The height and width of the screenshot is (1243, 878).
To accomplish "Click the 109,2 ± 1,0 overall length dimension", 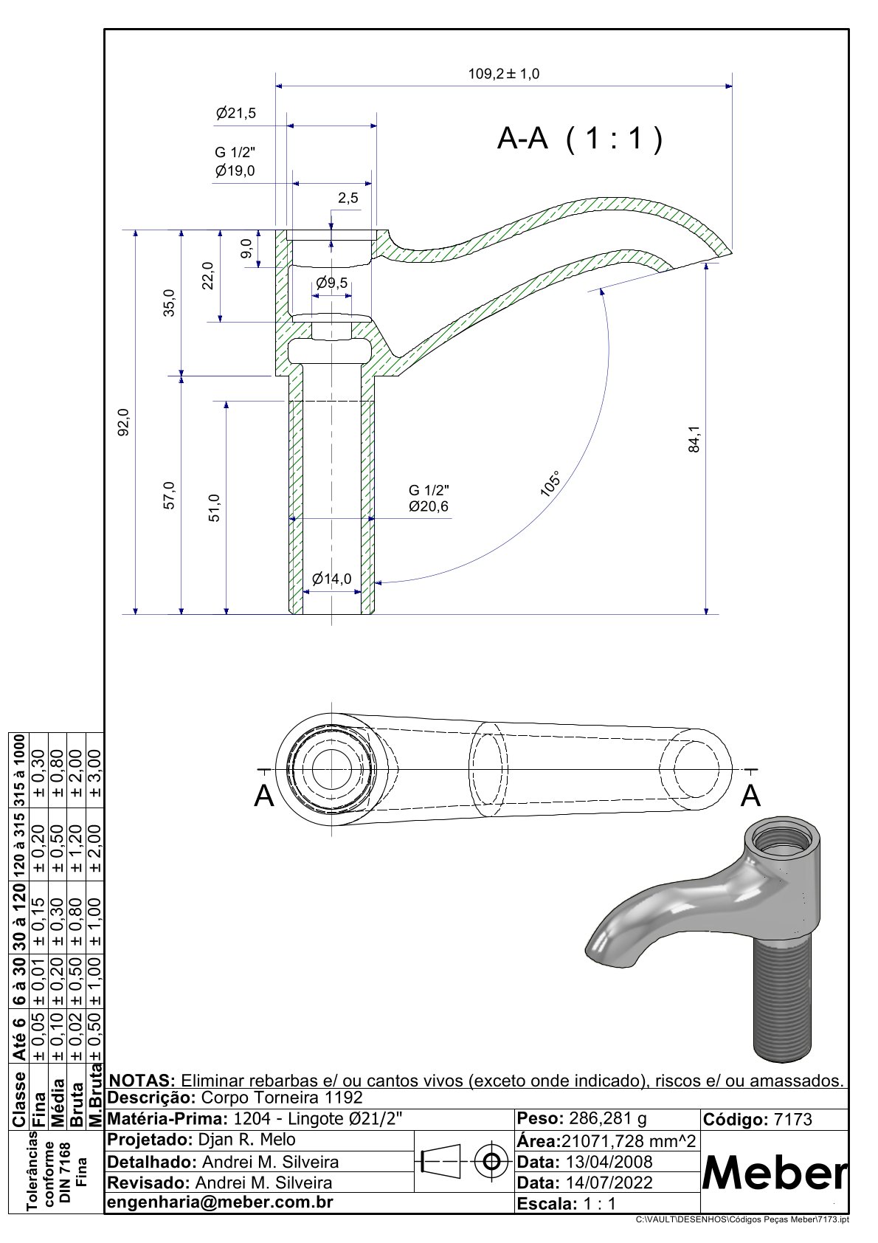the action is coord(504,74).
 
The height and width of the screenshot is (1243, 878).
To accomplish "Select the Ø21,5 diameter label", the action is coord(236,114).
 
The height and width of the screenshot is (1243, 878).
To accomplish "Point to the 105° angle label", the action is coord(550,483).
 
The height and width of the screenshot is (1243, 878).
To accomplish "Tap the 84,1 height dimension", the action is coord(694,439).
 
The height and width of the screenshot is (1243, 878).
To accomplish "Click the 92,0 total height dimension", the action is coord(123,422).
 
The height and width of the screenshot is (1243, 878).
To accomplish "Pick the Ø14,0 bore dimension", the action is coord(332,579).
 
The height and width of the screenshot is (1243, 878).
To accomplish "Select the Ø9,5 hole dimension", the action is coord(332,283).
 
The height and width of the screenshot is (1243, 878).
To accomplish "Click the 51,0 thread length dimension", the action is coord(214,508).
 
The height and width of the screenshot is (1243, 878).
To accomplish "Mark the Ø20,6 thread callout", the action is coord(428,506).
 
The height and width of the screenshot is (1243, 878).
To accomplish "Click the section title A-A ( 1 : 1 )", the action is coord(580,138).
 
